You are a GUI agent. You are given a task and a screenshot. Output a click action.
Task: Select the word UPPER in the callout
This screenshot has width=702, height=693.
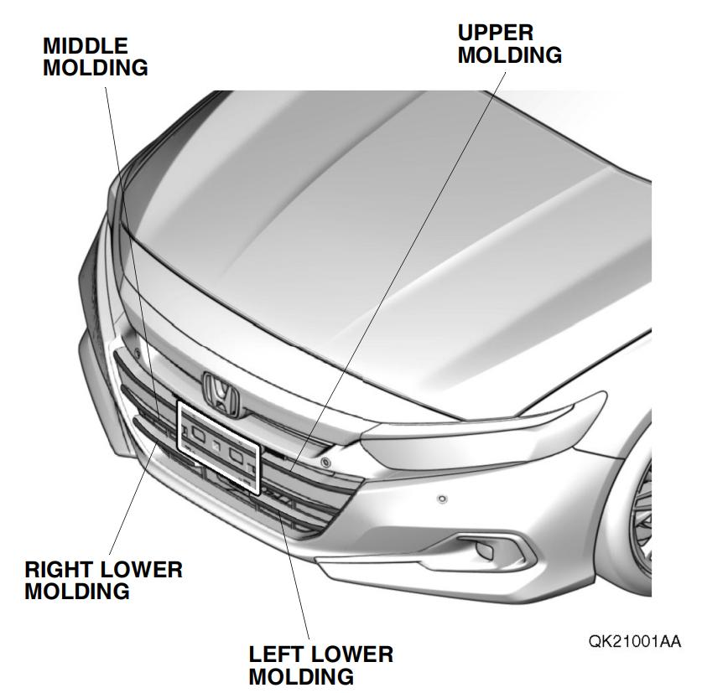495,34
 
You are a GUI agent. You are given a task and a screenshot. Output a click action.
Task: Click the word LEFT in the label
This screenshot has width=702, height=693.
277,654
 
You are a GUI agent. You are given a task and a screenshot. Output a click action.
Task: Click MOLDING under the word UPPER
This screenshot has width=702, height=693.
509,55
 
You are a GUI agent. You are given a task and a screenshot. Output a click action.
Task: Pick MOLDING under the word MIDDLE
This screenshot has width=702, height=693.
95,67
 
